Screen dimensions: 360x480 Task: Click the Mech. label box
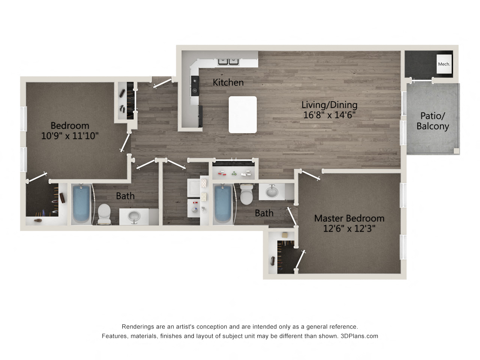tap(444, 64)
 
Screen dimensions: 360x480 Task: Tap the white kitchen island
tap(243, 114)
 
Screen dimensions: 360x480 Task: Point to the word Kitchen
tap(228, 82)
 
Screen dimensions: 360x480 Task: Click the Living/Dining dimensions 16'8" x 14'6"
tap(329, 115)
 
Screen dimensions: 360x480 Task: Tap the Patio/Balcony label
tap(433, 121)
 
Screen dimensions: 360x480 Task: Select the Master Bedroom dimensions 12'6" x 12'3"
tap(349, 228)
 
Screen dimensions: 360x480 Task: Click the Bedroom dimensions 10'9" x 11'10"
tap(70, 135)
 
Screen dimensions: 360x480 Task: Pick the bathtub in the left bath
tap(81, 204)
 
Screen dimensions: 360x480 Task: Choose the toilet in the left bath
tap(103, 214)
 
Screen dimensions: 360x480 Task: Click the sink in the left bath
tap(133, 216)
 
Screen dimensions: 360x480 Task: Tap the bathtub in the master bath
tap(223, 204)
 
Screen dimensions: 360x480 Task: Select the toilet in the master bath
tap(246, 194)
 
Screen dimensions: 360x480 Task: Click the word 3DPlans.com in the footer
tap(359, 336)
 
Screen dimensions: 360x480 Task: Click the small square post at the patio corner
tap(456, 151)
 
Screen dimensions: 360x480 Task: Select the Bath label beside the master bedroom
tap(264, 213)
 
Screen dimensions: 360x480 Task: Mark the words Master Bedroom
tap(349, 218)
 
